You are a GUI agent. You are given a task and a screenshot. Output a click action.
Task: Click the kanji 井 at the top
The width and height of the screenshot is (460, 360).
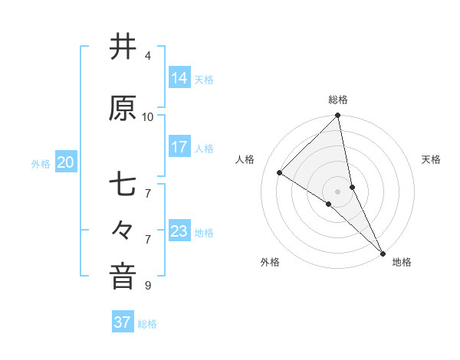[123, 47]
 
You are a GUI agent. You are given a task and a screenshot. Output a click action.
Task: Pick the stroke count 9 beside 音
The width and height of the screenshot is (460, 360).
[147, 286]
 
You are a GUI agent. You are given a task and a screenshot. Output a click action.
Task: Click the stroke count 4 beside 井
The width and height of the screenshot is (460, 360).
[147, 56]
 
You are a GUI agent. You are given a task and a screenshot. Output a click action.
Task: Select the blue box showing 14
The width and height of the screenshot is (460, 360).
[179, 77]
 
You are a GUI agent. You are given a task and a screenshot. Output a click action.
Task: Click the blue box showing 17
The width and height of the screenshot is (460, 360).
[179, 147]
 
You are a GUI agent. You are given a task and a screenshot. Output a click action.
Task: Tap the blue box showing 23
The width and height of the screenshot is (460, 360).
[179, 231]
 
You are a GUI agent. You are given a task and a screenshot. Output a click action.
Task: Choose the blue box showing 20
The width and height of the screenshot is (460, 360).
[66, 162]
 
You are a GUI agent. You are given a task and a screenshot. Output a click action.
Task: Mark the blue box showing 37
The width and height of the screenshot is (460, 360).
[122, 322]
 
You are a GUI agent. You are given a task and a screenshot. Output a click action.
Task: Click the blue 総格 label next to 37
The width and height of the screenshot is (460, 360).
[147, 324]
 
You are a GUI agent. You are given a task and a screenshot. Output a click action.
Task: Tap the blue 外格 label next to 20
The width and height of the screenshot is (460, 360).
[41, 164]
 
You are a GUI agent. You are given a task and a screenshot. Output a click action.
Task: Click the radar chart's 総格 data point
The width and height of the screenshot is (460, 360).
[337, 116]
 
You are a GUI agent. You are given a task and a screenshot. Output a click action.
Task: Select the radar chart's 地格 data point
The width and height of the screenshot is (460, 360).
[383, 252]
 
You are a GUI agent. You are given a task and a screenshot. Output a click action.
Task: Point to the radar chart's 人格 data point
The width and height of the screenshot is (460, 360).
[280, 173]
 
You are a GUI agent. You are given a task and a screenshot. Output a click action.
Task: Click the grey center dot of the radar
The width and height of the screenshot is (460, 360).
[337, 191]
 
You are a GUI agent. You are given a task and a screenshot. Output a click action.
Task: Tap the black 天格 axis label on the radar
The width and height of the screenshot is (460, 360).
[432, 159]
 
